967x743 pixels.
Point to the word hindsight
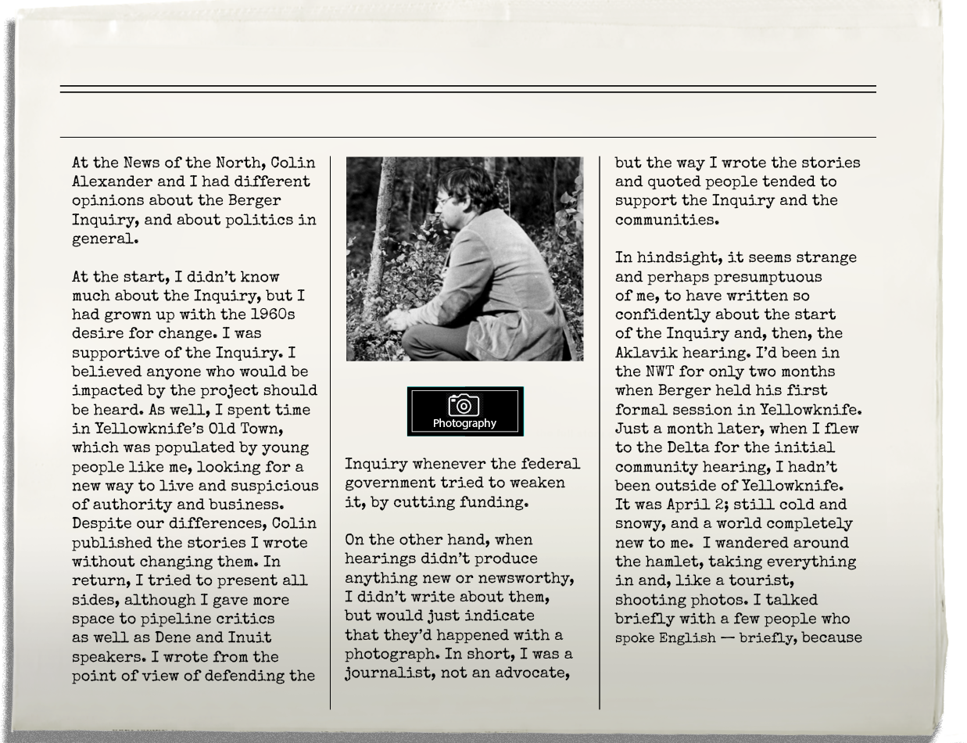[x=678, y=257]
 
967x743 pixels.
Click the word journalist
[x=386, y=673]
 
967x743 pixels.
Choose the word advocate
[x=531, y=673]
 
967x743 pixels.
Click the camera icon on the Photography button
[x=464, y=404]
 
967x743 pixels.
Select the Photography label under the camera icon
[x=464, y=423]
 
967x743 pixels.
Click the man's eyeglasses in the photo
[x=443, y=201]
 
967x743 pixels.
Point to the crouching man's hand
[x=396, y=318]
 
